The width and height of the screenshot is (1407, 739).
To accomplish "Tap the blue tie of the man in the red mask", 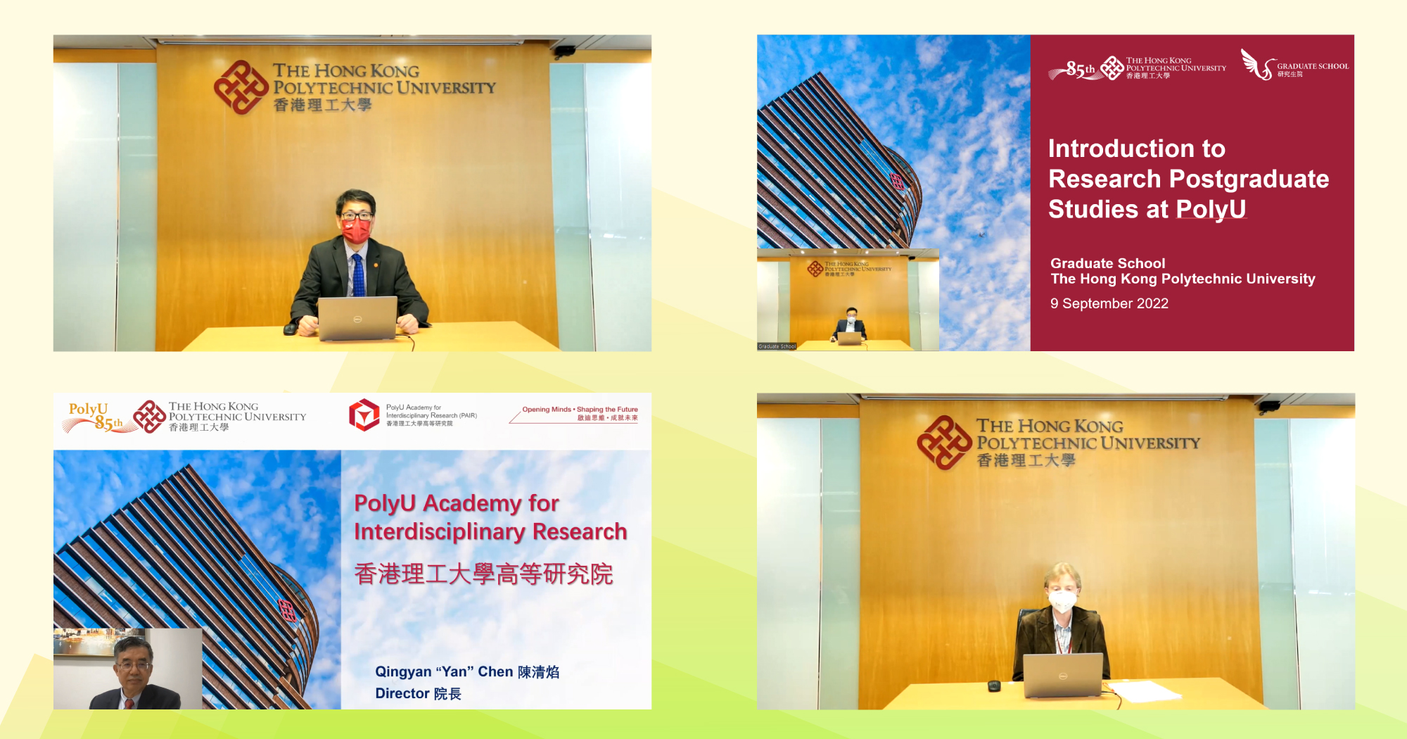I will [358, 274].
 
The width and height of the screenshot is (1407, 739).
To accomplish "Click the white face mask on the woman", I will [1062, 601].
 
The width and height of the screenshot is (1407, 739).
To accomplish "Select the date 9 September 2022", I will [1109, 303].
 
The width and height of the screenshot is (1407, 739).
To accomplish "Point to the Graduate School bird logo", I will [1256, 65].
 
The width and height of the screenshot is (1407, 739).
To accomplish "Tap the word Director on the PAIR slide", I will [402, 693].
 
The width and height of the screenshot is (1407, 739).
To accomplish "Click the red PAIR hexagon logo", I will [364, 415].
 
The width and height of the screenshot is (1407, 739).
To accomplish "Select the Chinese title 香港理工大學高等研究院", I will [483, 574].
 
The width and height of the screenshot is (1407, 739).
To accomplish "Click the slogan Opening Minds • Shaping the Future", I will [580, 409].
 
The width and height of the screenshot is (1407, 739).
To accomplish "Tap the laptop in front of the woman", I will [1062, 674].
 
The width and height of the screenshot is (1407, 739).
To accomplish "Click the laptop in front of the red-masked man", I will [357, 317].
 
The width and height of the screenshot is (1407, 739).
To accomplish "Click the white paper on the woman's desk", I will [1143, 690].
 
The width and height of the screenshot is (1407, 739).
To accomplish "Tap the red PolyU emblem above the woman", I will [944, 442].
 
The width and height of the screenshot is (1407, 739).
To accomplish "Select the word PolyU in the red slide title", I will [1210, 209].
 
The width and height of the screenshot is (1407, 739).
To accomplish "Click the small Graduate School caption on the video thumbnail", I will [777, 346].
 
